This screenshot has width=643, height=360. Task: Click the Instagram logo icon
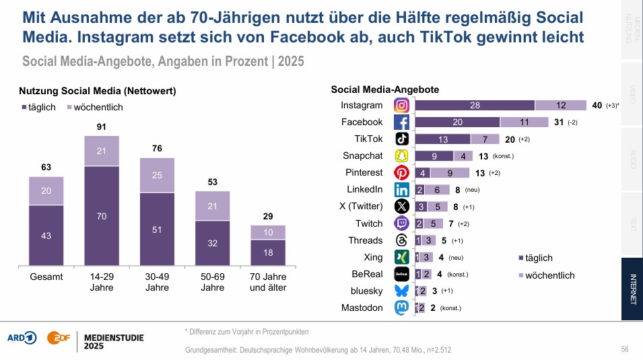[401, 106]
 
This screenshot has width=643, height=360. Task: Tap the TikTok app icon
[401, 139]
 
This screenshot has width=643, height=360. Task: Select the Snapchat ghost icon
[401, 156]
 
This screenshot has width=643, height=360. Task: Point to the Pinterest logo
[401, 173]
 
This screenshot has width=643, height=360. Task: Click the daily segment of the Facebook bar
[457, 122]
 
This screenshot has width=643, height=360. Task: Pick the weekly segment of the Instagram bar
[561, 106]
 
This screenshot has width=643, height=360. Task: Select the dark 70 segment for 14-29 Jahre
[102, 217]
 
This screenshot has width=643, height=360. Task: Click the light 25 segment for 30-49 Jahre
[157, 175]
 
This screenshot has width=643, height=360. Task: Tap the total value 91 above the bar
[102, 127]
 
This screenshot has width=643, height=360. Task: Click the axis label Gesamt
[46, 277]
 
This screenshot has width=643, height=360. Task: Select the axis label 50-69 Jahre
[213, 282]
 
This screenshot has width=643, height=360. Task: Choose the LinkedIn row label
[364, 190]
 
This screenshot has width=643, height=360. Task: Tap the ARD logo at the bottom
[22, 337]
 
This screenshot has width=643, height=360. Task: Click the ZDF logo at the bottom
[58, 337]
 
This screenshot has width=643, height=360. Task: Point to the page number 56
[625, 349]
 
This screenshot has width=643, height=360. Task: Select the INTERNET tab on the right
[632, 289]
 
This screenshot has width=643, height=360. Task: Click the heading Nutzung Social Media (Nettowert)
[97, 91]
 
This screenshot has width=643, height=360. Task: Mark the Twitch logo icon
[401, 223]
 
